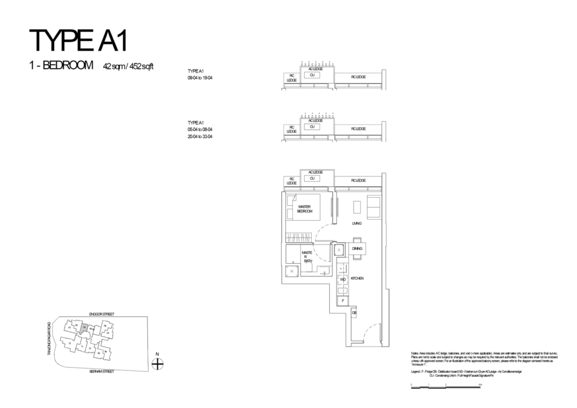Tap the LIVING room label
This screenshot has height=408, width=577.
pos(356,223)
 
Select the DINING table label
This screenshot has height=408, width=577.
pos(357,249)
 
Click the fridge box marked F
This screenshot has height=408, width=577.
pos(343,301)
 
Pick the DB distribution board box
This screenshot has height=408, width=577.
pos(354,312)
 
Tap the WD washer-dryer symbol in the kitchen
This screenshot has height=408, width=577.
pos(342,279)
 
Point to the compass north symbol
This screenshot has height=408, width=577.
pos(158,364)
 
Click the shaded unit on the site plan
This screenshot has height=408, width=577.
pos(83,326)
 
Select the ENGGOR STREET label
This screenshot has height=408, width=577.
pos(101,313)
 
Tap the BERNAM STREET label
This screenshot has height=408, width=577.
pos(101,372)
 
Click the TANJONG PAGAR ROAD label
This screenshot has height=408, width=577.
pos(49,338)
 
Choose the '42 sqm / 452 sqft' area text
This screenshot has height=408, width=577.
pos(128,66)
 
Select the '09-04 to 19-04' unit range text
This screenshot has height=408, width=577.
pos(200,77)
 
